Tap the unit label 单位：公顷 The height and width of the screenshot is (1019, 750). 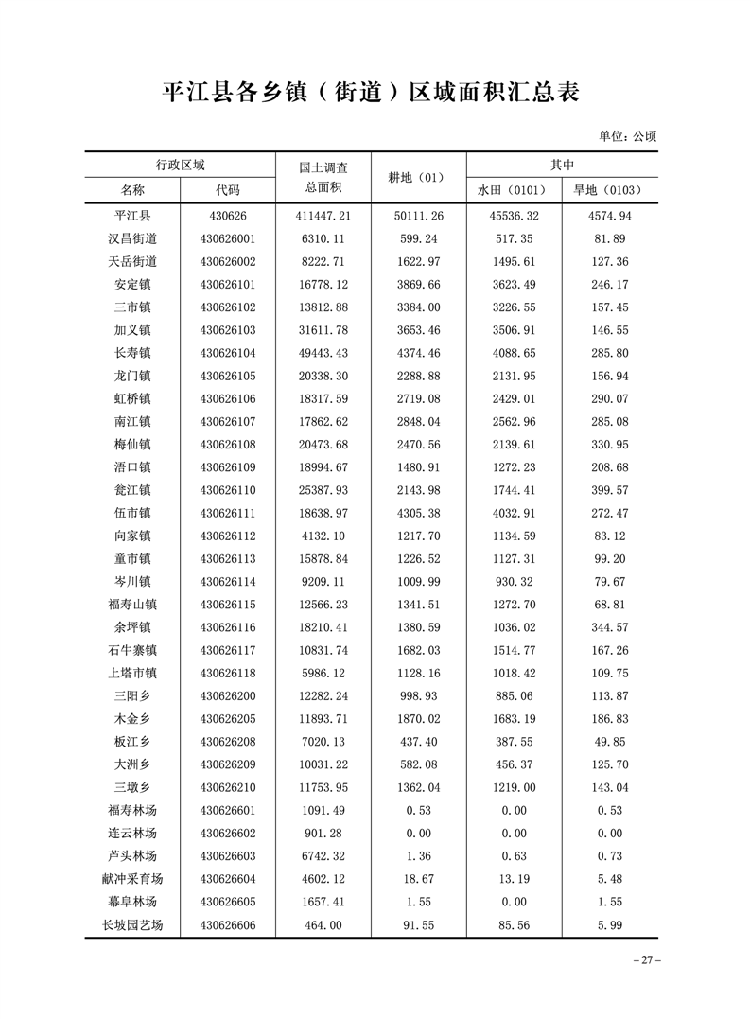[627, 136]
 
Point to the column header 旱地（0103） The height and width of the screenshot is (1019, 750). [608, 190]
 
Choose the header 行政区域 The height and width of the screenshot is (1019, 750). [180, 165]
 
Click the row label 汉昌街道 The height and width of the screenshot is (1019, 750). [132, 238]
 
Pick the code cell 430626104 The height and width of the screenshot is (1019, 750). [228, 353]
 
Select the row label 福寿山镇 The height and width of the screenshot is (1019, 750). [132, 604]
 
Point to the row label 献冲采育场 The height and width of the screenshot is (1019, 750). [132, 879]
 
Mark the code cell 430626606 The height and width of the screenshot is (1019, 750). [228, 924]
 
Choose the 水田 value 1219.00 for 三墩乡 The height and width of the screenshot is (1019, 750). [514, 787]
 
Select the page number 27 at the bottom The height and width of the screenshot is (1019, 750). [645, 960]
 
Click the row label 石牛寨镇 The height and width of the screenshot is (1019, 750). [132, 650]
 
